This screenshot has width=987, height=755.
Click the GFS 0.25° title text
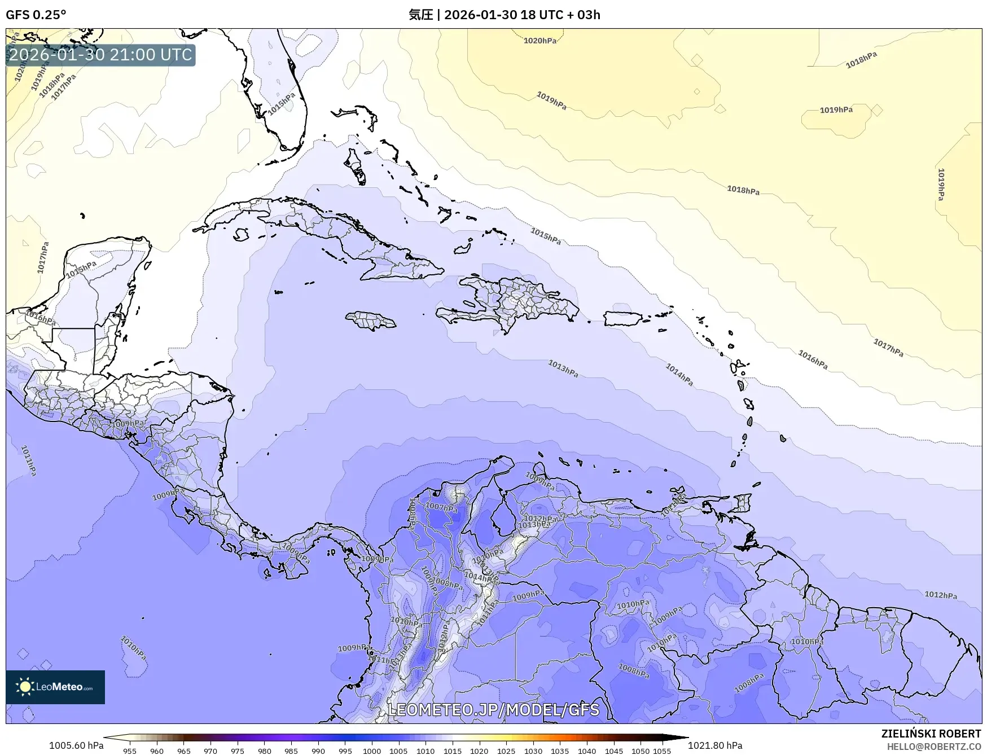click(36, 15)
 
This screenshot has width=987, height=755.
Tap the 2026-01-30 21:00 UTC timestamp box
click(100, 55)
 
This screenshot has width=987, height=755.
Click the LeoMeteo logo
click(55, 687)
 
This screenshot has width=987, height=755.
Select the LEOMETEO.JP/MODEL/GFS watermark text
click(494, 709)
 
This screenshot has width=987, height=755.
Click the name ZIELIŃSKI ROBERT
click(931, 734)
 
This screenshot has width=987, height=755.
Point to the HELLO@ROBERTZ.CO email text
click(933, 747)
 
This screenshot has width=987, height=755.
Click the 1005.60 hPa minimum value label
click(76, 745)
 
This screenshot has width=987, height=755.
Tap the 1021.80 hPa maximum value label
click(715, 745)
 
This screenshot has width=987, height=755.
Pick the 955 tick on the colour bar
click(130, 750)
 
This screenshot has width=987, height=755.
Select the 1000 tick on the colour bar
click(372, 750)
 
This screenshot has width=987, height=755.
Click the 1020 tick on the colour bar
click(479, 750)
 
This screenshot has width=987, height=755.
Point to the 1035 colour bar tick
click(560, 750)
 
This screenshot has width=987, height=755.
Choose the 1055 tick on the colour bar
click(662, 750)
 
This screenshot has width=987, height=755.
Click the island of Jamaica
click(371, 321)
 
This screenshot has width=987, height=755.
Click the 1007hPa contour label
click(441, 507)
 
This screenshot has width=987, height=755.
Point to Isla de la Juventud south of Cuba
click(242, 234)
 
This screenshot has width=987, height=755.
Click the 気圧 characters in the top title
click(420, 15)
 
